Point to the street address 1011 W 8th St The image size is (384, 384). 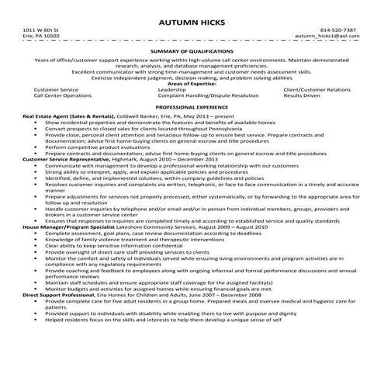point(40,29)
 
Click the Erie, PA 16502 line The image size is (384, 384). point(41,36)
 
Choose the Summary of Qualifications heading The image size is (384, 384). point(192,50)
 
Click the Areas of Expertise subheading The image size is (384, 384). point(192,83)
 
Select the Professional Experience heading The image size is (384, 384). point(192,106)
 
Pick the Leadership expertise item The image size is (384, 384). point(171,89)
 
